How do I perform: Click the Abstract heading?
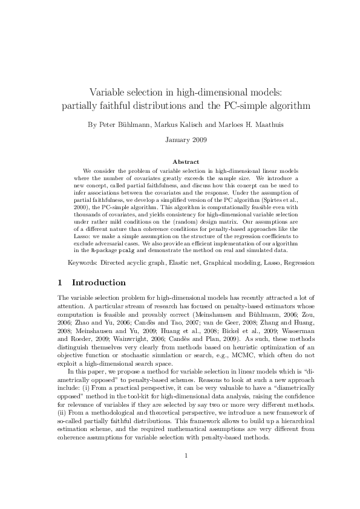tap(186, 162)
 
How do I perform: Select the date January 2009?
tap(186, 140)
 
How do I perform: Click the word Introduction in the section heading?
tap(99, 282)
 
